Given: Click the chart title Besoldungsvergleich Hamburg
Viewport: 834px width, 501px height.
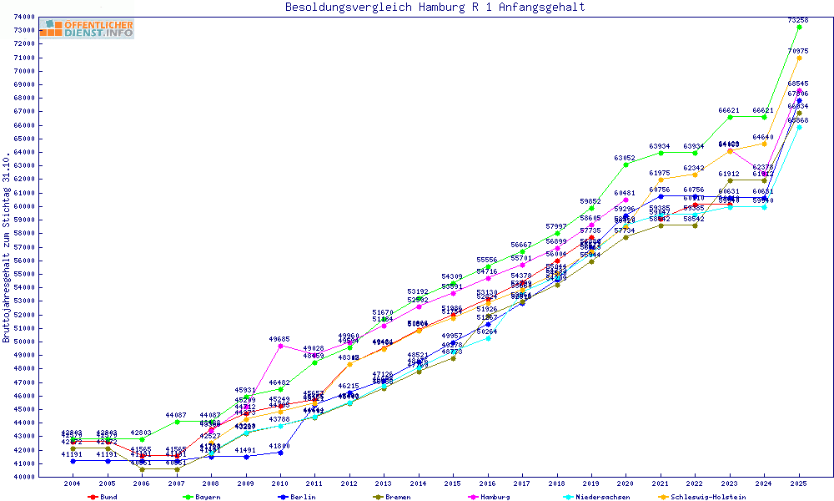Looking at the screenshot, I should [x=435, y=8].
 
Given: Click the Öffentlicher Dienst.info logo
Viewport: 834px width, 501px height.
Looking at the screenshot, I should [x=87, y=28].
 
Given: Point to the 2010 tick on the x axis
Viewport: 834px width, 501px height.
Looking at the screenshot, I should [x=280, y=483].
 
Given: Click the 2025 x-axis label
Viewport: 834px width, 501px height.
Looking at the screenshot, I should [x=799, y=483].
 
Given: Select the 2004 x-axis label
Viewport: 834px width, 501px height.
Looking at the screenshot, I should [x=73, y=483].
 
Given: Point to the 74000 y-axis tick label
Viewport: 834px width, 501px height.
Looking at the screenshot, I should [x=47, y=17].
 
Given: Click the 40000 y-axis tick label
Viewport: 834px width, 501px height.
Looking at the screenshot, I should [x=47, y=476].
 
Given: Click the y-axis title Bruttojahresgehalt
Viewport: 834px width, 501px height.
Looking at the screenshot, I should [x=7, y=247].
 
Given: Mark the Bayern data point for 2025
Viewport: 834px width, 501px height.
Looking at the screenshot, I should [x=799, y=27].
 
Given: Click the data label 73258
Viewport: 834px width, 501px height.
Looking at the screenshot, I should [x=798, y=19].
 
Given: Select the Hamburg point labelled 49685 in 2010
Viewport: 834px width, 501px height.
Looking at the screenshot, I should [x=280, y=346].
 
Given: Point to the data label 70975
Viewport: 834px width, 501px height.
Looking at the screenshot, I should [x=798, y=50].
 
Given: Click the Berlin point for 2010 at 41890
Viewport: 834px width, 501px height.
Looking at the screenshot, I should [x=280, y=452].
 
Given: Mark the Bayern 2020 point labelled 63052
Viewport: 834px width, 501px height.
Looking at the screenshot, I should [x=625, y=164].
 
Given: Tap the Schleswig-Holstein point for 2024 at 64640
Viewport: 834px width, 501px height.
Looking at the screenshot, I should [x=764, y=144].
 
